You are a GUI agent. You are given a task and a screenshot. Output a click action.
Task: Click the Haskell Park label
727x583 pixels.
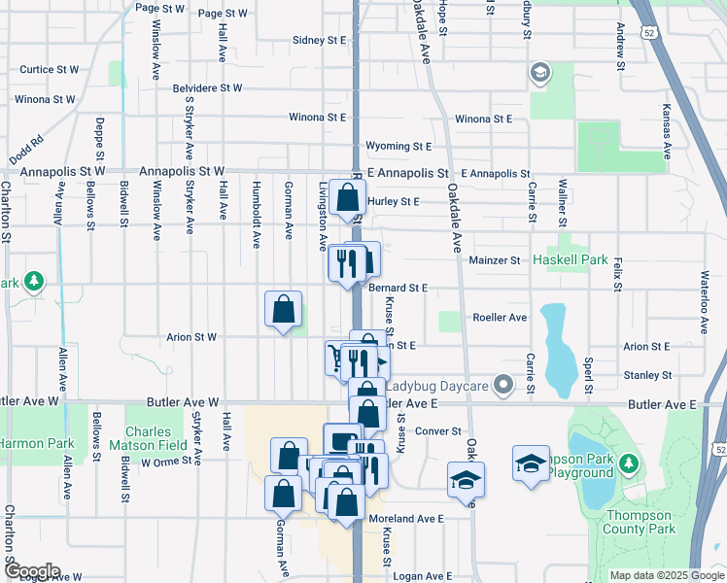click(x=570, y=260)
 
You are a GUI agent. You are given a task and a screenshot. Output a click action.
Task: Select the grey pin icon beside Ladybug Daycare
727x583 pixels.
click(x=502, y=387)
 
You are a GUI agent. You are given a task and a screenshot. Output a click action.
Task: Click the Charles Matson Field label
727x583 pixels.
click(x=155, y=439)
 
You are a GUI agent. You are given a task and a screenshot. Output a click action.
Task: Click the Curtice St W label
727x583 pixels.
click(x=49, y=70)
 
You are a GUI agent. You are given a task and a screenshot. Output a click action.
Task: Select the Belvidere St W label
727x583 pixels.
click(x=207, y=87)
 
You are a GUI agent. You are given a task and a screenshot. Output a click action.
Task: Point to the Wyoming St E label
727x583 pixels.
click(x=398, y=147)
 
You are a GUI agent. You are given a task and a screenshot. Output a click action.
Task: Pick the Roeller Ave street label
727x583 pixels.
click(x=499, y=318)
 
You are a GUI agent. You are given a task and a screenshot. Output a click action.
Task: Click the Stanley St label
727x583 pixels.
click(x=647, y=375)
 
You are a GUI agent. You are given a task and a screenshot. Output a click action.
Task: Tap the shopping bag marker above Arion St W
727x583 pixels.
click(x=283, y=310)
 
